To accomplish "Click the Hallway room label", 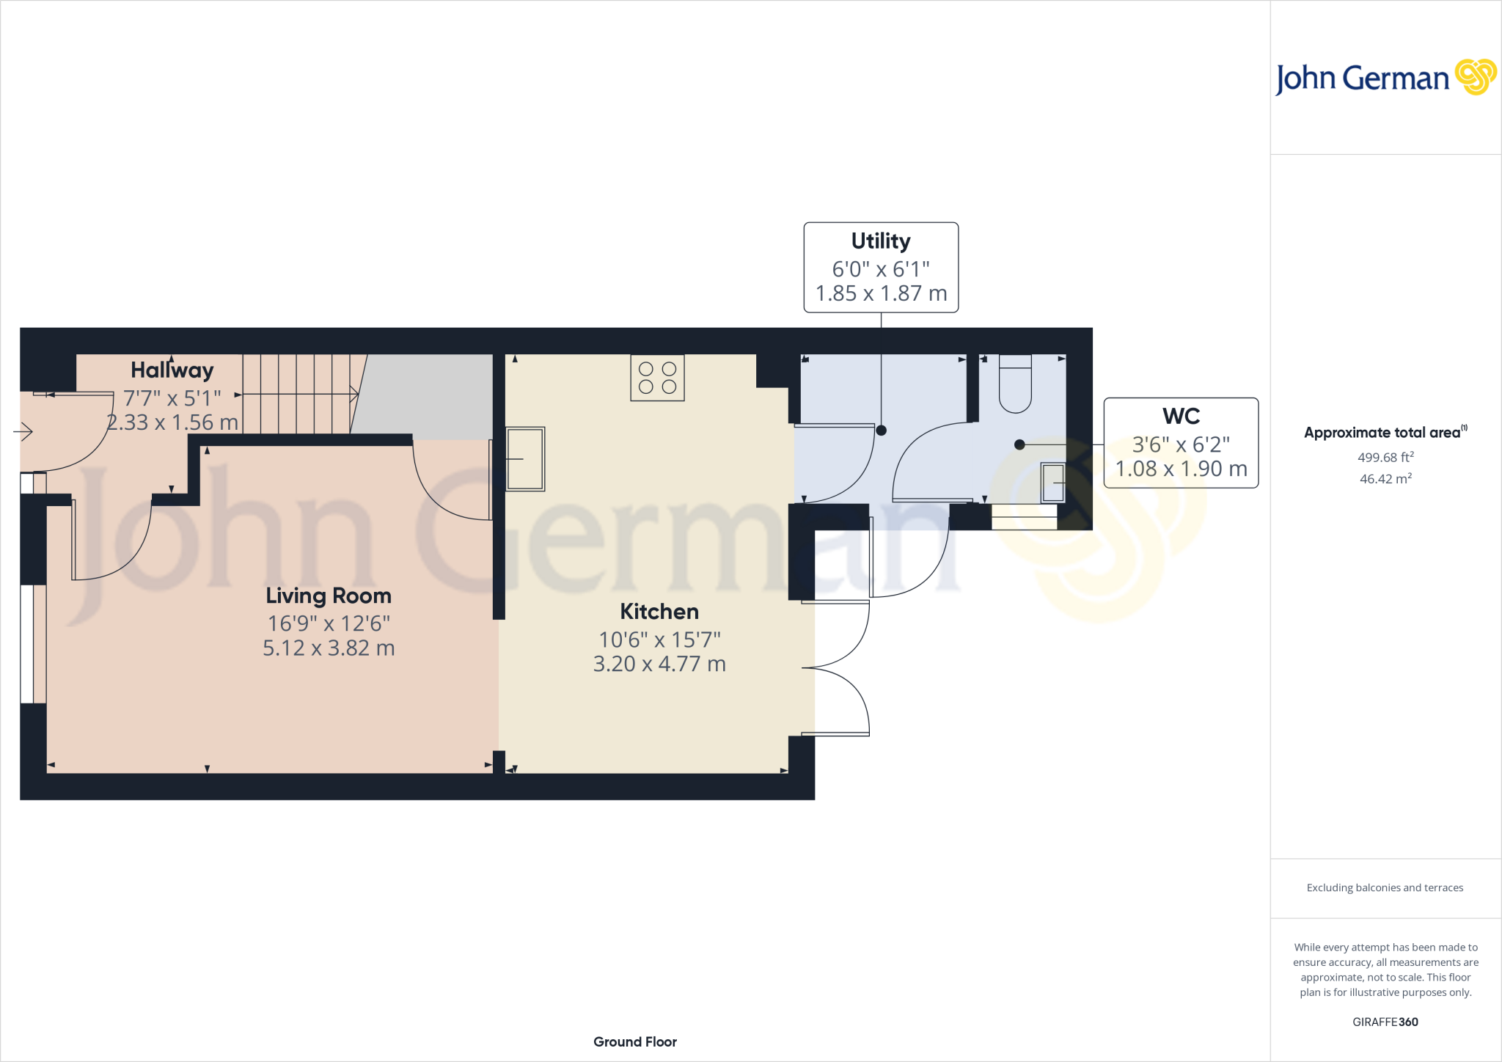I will click(172, 370).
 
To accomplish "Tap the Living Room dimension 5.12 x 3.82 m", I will click(329, 648).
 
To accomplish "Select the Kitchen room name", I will click(659, 612).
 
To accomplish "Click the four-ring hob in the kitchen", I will click(657, 378).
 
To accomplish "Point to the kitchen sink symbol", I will click(525, 459).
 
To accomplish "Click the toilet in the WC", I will click(1015, 384).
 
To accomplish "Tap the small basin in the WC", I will click(1053, 483).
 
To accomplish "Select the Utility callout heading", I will click(881, 241).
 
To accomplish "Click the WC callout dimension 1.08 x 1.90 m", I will click(1181, 469).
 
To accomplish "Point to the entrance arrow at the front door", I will click(23, 432).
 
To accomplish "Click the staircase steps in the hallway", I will click(301, 395).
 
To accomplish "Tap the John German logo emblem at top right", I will click(1476, 77).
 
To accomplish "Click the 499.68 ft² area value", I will click(1385, 458).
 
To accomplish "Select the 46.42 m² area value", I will click(1385, 479).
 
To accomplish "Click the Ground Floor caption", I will click(635, 1041).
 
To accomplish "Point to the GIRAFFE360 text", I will click(1385, 1022).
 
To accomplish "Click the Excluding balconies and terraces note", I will click(1385, 887).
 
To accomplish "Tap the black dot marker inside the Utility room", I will click(882, 431).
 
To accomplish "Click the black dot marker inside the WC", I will click(1019, 444).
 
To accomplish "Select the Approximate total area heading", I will click(1383, 433).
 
